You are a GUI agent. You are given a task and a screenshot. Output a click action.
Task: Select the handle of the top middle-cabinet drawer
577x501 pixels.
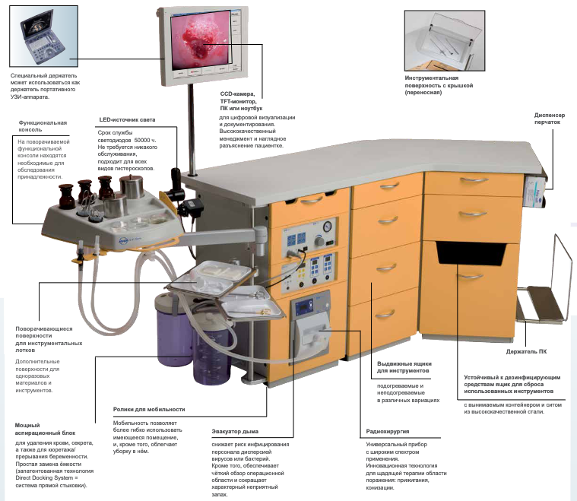388,187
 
